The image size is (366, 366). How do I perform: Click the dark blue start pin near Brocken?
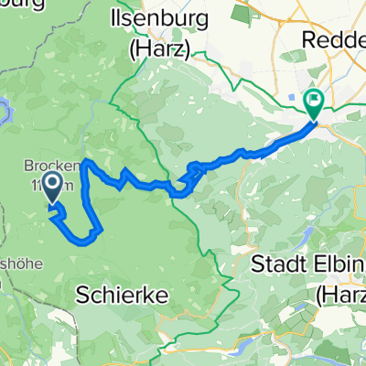53,188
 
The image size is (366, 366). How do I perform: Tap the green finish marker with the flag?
313,104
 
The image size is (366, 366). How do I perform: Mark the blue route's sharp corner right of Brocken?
86,163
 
